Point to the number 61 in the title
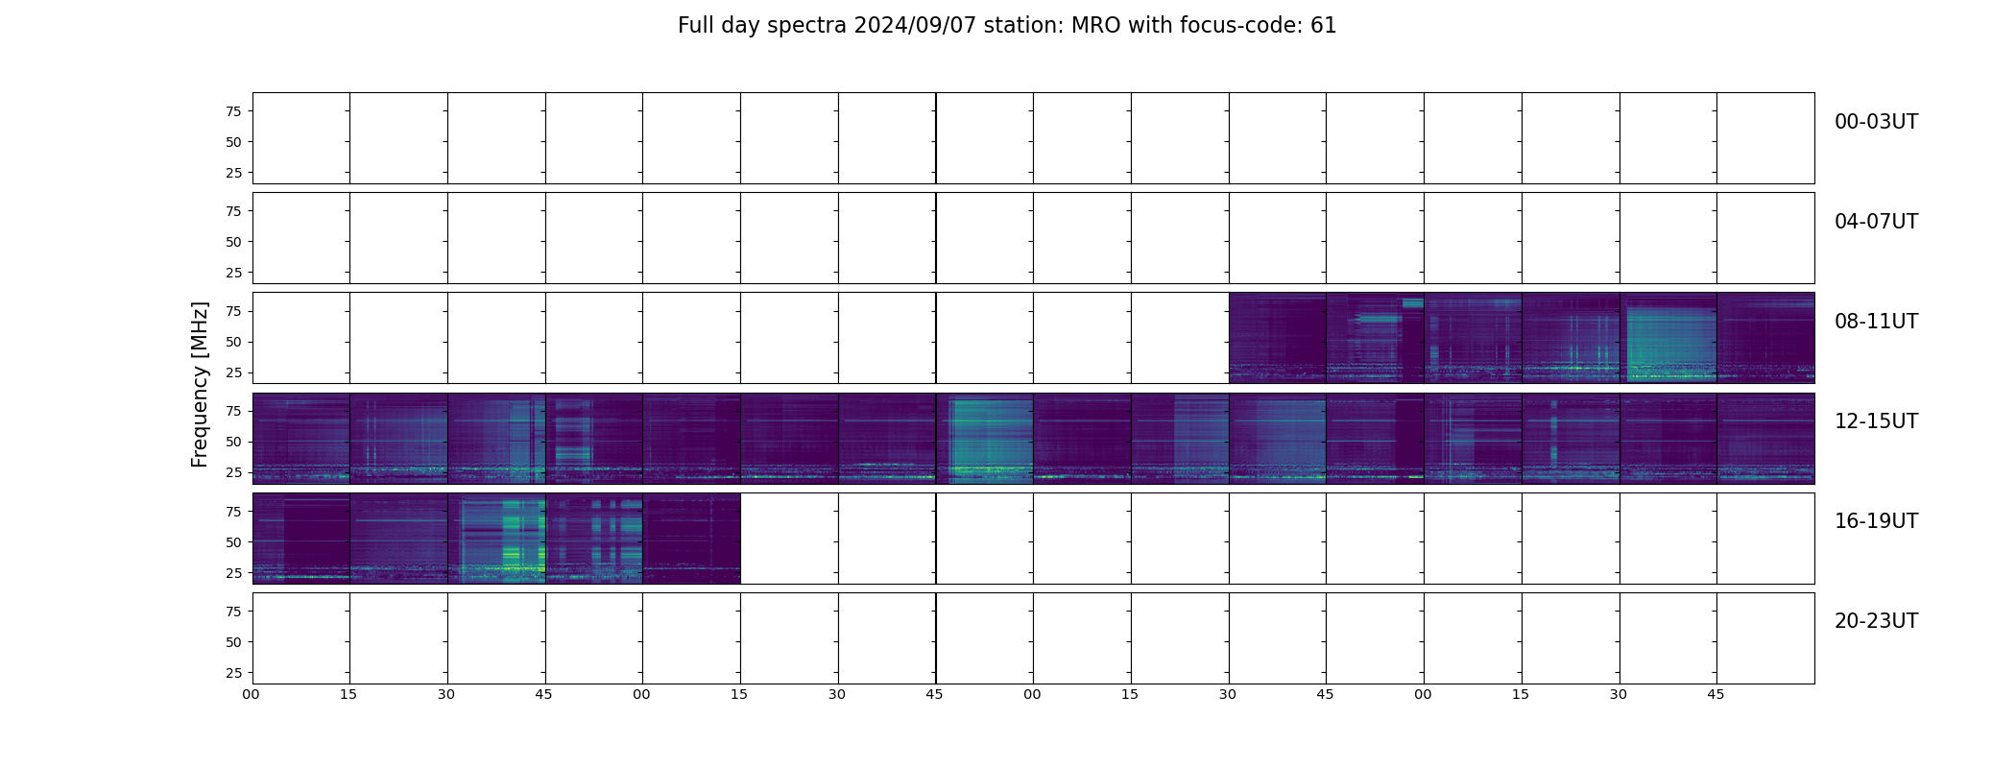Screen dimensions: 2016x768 coord(1324,26)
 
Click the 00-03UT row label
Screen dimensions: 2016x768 coord(1876,122)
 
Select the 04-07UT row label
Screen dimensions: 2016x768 coord(1876,222)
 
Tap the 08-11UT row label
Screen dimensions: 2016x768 coord(1876,322)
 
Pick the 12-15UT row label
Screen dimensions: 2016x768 coord(1876,421)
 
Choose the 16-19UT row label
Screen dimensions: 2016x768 coord(1876,521)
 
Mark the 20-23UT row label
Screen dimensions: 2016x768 coord(1876,621)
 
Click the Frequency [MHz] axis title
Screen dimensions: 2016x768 coord(200,384)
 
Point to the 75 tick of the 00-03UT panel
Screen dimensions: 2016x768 coord(233,111)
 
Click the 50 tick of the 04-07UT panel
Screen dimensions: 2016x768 coord(233,242)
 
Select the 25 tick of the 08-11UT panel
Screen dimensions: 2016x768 coord(233,372)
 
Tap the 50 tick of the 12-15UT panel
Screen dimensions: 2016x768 coord(233,442)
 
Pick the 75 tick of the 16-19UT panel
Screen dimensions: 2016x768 coord(233,512)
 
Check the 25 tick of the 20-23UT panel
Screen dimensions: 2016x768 coord(233,673)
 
